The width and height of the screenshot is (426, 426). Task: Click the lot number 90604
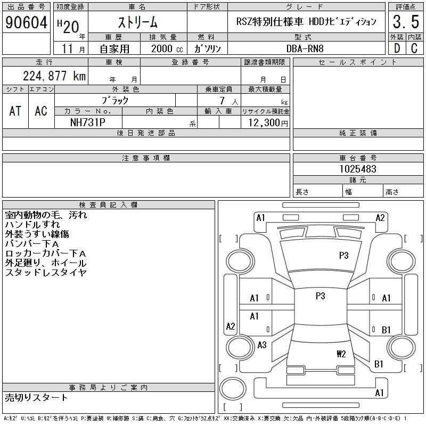point(26,22)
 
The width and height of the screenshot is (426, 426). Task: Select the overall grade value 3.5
point(406,22)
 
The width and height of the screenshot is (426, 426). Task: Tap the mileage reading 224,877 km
point(54,76)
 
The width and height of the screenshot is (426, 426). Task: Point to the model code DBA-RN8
point(305,48)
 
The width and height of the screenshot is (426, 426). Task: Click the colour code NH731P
point(88,122)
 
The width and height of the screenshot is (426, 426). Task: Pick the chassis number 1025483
point(358,169)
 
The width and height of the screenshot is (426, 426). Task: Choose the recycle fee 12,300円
point(268,123)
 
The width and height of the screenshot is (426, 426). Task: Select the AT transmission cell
point(15,111)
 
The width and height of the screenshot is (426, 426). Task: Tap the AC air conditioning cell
point(41,111)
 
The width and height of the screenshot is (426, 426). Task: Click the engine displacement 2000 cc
point(167,48)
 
